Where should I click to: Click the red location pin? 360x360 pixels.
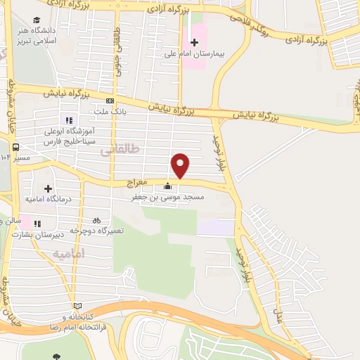(181, 165)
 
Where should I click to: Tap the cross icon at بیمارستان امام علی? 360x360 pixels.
(195, 43)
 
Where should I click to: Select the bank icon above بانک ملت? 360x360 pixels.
(109, 101)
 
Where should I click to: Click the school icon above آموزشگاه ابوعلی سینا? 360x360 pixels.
(70, 120)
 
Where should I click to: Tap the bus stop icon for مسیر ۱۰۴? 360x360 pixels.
(15, 148)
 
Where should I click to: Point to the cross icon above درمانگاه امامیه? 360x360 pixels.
(48, 188)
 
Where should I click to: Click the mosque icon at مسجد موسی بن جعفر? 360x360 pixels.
(167, 187)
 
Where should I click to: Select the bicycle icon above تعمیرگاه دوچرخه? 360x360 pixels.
(96, 219)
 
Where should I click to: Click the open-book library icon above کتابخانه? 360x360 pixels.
(77, 306)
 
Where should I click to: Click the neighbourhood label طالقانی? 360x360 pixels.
(115, 149)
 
